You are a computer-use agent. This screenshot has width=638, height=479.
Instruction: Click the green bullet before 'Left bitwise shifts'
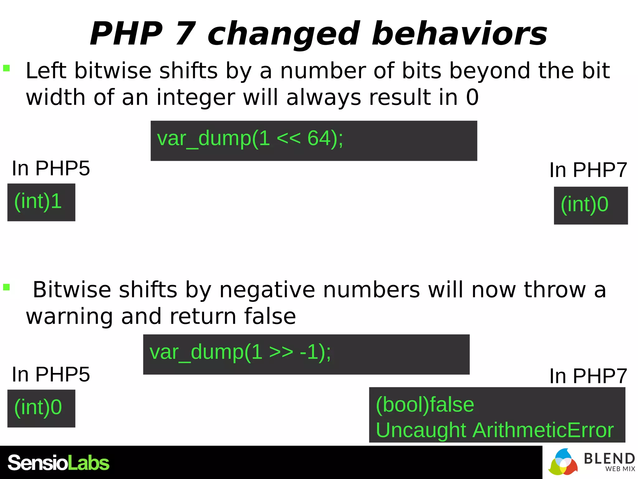(x=7, y=68)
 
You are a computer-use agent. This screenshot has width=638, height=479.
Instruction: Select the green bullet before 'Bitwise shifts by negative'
(x=7, y=287)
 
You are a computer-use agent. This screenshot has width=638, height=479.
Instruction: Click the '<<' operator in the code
(x=288, y=138)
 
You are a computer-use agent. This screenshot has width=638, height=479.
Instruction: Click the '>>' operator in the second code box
(x=281, y=352)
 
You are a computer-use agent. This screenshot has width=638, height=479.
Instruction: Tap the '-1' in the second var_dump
(x=308, y=352)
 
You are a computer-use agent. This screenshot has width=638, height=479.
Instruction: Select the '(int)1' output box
(x=41, y=202)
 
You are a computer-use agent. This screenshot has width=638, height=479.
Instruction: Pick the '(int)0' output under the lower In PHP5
(x=41, y=408)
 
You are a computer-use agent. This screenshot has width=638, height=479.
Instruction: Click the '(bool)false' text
(x=425, y=405)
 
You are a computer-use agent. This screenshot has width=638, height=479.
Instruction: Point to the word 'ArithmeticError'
(x=543, y=430)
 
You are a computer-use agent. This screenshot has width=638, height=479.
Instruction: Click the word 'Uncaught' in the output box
(x=421, y=430)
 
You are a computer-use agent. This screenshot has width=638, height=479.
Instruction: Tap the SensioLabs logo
(x=59, y=463)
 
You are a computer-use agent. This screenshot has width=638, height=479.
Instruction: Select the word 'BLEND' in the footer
(x=609, y=459)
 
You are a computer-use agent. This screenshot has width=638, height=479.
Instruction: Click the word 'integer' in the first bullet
(x=195, y=97)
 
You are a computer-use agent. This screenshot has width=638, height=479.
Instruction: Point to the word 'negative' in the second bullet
(x=267, y=290)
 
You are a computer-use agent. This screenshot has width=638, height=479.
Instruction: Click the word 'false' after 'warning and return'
(x=270, y=317)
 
